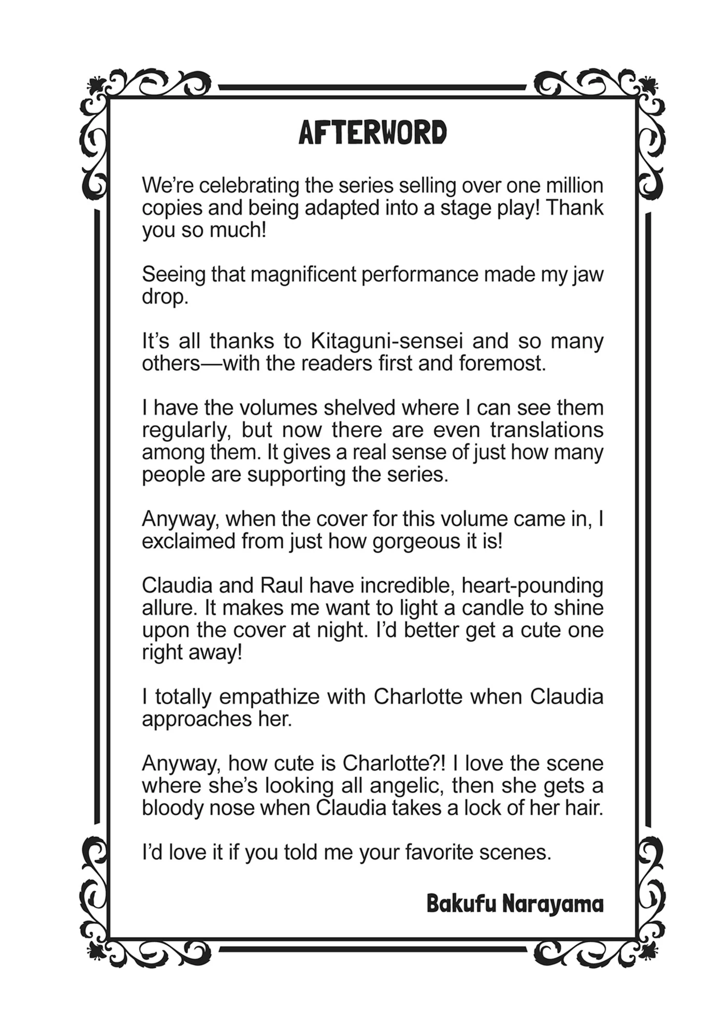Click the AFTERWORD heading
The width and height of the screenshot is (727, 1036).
point(372,133)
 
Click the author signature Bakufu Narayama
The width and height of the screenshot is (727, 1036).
point(515,904)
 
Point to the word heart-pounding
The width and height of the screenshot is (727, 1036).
point(532,585)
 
